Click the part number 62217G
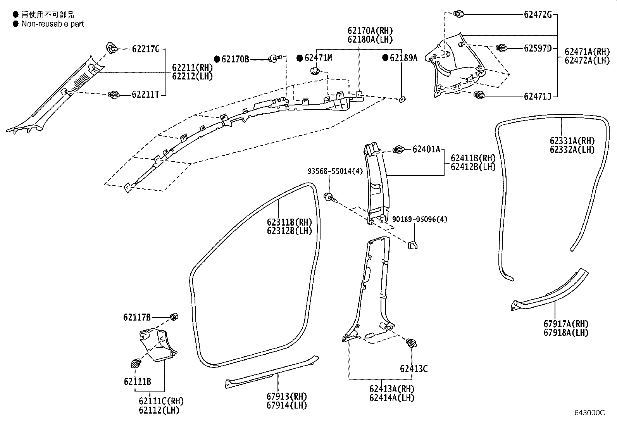[x=146, y=49]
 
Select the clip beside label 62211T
[x=114, y=95]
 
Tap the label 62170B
[x=235, y=59]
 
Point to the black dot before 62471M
[x=299, y=58]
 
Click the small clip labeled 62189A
[x=402, y=100]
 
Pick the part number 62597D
[x=538, y=48]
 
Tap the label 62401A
[x=426, y=149]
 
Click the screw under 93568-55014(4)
[x=329, y=197]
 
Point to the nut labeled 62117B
[x=174, y=317]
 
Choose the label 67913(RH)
[x=286, y=397]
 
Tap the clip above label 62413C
[x=412, y=343]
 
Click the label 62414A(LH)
[x=391, y=398]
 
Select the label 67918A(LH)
[x=565, y=333]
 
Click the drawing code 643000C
[x=589, y=413]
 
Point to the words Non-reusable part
[x=53, y=24]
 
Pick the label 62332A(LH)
[x=572, y=150]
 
